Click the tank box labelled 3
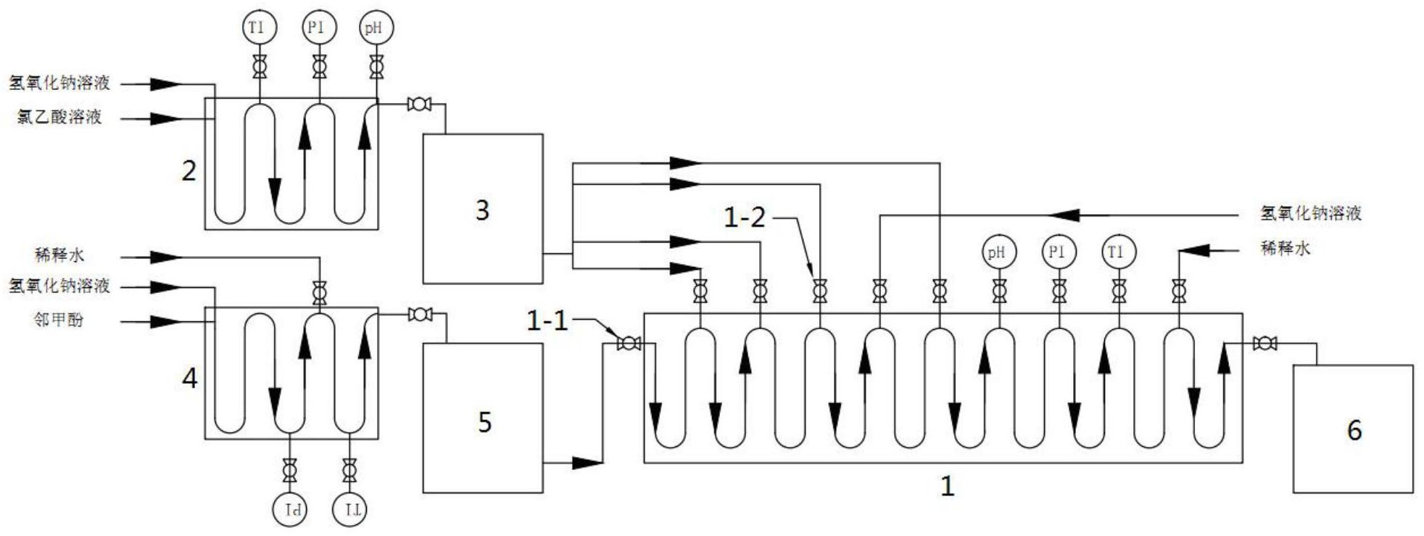pos(482,208)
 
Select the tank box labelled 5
pos(482,418)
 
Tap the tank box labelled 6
pos(1353,429)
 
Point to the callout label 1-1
pos(547,320)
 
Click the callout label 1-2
pos(745,217)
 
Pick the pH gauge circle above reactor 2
pos(376,28)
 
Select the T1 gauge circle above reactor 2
pos(259,28)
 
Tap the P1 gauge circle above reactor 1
pos(1059,252)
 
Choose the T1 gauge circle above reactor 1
pos(1118,252)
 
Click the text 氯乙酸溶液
pos(59,117)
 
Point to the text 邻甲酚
pos(58,320)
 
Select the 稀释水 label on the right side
pos(1286,249)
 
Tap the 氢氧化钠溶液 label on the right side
pos(1310,213)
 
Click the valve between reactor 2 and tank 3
pos(419,105)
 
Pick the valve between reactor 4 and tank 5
pos(419,315)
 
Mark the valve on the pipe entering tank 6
pos(1265,343)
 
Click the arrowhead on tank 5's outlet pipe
pos(588,462)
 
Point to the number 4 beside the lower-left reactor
pos(189,378)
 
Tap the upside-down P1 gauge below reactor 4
pos(290,509)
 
